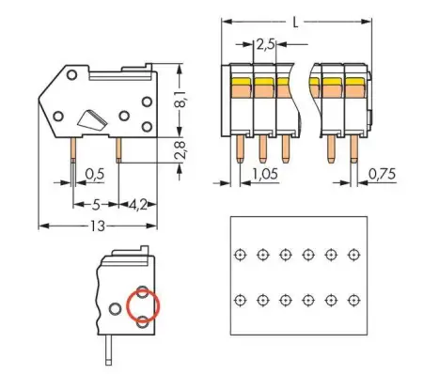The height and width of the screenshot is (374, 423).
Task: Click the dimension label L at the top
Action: tap(297, 21)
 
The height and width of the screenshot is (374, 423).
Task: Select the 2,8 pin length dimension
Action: tap(184, 148)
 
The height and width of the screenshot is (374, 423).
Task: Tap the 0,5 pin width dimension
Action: tap(94, 174)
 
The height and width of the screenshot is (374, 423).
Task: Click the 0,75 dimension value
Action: tap(382, 174)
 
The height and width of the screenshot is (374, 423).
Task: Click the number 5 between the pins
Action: tap(95, 202)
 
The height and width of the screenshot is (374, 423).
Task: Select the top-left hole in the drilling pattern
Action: tap(240, 255)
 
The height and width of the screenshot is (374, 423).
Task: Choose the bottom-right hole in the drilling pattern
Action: tap(352, 299)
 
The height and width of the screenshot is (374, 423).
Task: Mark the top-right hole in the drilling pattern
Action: tap(352, 255)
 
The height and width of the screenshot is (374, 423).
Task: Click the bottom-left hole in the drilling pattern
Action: tap(240, 299)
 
